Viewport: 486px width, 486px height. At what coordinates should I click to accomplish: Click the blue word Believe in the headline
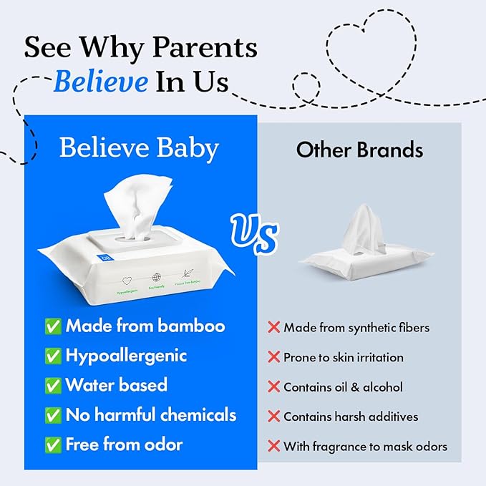(x=100, y=81)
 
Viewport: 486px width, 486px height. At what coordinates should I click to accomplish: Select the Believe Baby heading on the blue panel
(x=138, y=148)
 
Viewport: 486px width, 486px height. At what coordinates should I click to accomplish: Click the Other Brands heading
(x=359, y=150)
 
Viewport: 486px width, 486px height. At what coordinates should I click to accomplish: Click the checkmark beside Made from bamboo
(x=53, y=327)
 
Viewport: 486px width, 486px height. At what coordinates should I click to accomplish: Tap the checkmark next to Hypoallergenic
(x=53, y=356)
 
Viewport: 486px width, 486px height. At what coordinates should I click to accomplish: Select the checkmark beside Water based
(x=53, y=386)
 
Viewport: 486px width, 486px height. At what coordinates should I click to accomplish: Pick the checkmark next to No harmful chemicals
(x=53, y=415)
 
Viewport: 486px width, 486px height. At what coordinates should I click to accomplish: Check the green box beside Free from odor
(x=53, y=444)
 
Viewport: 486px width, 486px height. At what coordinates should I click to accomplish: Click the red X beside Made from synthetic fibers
(x=273, y=328)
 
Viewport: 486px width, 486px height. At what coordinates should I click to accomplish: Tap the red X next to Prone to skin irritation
(x=273, y=357)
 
